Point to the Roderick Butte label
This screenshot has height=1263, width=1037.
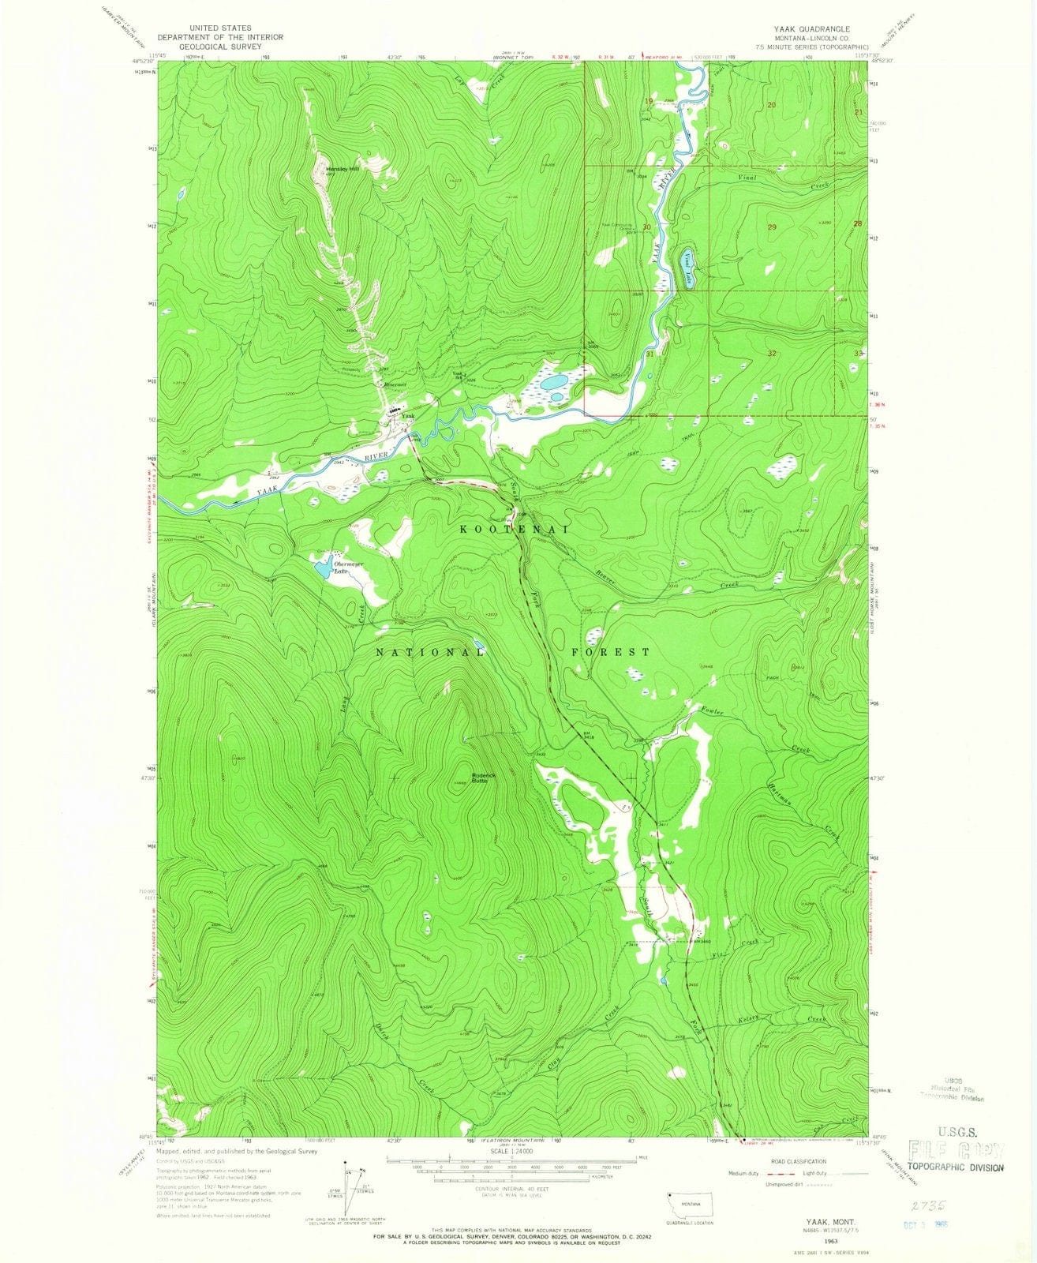(484, 778)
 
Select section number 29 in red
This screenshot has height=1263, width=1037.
(772, 227)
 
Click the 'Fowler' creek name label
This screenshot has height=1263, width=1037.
(712, 711)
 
